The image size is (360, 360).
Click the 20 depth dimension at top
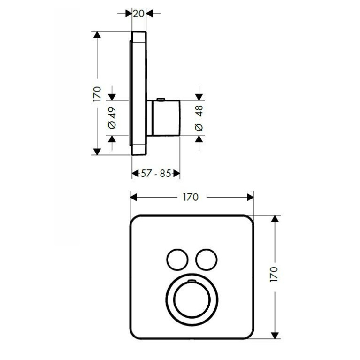point(138,14)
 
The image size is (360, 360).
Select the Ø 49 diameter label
point(112,118)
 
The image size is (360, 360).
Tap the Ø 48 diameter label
point(199,118)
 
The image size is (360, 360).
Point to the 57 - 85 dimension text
point(156,173)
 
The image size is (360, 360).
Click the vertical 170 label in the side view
point(97,94)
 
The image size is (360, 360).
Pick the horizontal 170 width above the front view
point(191,197)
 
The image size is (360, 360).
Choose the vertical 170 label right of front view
point(274,274)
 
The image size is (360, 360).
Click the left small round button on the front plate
point(177,260)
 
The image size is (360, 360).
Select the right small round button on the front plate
point(207,260)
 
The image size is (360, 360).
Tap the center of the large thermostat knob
point(191,299)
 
